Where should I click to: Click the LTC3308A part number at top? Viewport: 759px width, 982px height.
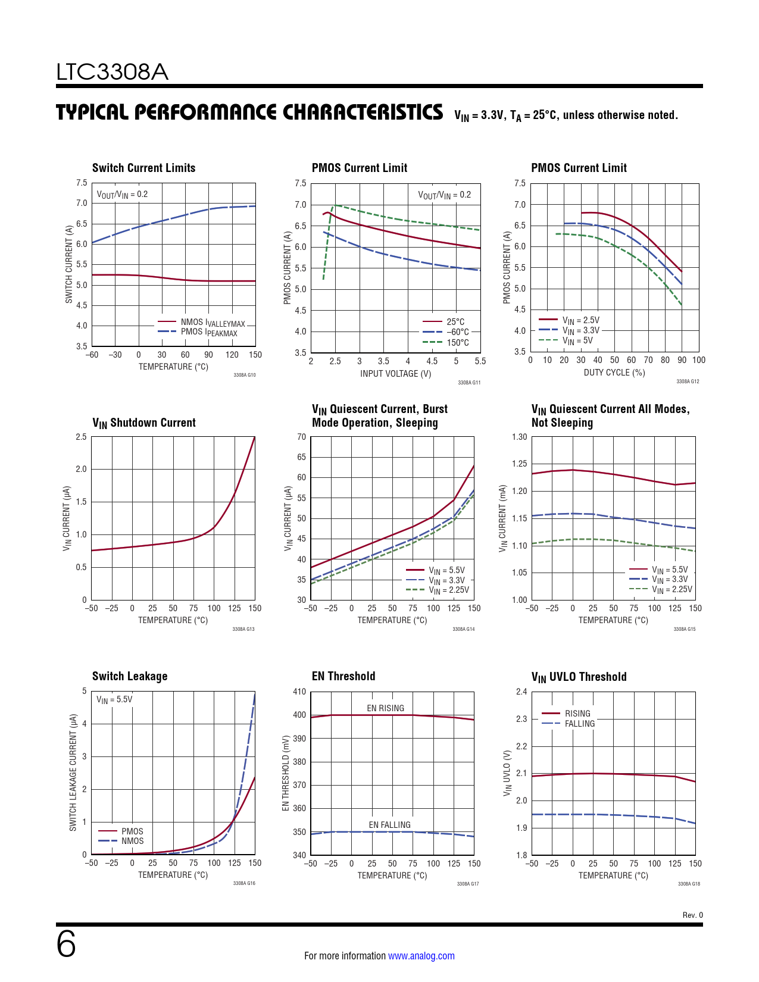pos(112,72)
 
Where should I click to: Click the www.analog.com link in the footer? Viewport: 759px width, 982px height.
pos(421,956)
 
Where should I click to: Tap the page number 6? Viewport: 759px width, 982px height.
pos(66,945)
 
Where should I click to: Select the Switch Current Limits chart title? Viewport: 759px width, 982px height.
pos(143,168)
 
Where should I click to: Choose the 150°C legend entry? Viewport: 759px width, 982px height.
pos(457,343)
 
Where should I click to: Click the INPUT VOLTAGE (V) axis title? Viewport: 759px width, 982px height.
pos(395,374)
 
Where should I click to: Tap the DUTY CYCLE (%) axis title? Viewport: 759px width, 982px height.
pos(614,373)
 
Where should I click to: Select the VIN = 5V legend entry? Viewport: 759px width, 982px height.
pos(577,340)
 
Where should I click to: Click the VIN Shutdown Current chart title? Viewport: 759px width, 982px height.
pos(143,423)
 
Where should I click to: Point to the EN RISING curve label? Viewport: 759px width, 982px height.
pos(385,708)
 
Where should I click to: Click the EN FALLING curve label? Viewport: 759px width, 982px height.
pos(389,825)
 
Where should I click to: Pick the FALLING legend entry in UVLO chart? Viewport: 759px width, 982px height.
pos(579,724)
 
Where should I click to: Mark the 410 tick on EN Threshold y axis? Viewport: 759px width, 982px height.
pos(299,692)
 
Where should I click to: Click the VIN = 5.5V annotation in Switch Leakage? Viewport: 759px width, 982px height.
pos(114,699)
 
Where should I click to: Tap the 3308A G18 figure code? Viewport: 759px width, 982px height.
pos(689,884)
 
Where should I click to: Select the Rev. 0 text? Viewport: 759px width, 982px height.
pos(692,915)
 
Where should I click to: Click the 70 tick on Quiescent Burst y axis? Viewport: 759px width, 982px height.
pos(301,437)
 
